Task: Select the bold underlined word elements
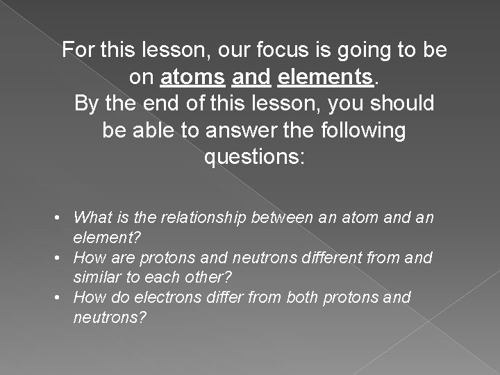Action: pos(324,77)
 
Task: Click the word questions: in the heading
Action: pos(254,158)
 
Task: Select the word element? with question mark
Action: pos(107,237)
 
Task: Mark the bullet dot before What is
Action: pos(62,218)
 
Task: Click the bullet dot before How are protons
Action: pos(62,258)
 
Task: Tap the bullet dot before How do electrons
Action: pos(62,297)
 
